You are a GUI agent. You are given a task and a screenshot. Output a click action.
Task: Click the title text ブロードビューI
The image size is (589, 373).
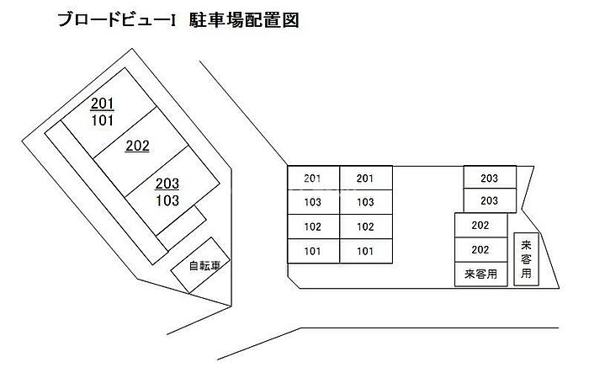pyautogui.click(x=117, y=20)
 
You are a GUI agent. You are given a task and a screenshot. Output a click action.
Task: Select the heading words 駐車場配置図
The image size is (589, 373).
pyautogui.click(x=244, y=20)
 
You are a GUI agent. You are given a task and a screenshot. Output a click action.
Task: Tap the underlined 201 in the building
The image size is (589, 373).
pyautogui.click(x=102, y=104)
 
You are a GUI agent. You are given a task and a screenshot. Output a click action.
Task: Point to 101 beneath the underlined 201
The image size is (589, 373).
pyautogui.click(x=103, y=120)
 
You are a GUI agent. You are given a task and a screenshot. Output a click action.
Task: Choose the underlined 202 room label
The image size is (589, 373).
pyautogui.click(x=137, y=146)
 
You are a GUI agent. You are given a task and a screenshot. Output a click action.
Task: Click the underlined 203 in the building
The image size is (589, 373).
pyautogui.click(x=167, y=184)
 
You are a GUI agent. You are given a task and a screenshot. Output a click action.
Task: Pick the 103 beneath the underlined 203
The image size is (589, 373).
pyautogui.click(x=167, y=200)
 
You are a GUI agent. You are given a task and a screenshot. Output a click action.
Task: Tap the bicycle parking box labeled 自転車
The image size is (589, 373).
pyautogui.click(x=200, y=265)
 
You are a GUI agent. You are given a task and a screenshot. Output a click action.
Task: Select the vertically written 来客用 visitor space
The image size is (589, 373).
pyautogui.click(x=526, y=259)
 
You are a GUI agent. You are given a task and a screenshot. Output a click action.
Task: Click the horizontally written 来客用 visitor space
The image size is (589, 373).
pyautogui.click(x=480, y=274)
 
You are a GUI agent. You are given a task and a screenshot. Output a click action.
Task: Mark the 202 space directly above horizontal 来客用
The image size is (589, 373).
pyautogui.click(x=480, y=250)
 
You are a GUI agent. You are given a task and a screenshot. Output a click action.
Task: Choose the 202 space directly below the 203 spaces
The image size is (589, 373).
pyautogui.click(x=480, y=225)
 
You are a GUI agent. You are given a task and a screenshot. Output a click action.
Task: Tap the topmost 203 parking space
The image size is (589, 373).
pyautogui.click(x=490, y=178)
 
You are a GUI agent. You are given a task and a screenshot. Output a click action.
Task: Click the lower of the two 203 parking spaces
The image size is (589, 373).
pyautogui.click(x=490, y=200)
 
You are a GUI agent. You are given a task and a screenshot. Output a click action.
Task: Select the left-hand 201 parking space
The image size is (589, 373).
pyautogui.click(x=313, y=178)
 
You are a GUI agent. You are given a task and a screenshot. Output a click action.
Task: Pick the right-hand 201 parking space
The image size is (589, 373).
pyautogui.click(x=366, y=178)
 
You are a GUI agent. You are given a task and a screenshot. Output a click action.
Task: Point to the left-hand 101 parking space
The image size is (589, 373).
pyautogui.click(x=313, y=251)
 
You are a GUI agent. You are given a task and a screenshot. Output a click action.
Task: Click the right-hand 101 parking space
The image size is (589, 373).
pyautogui.click(x=366, y=251)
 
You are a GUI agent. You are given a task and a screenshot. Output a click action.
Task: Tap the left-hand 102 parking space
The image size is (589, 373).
pyautogui.click(x=313, y=226)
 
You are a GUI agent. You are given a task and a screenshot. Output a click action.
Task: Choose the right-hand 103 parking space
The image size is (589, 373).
pyautogui.click(x=366, y=202)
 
